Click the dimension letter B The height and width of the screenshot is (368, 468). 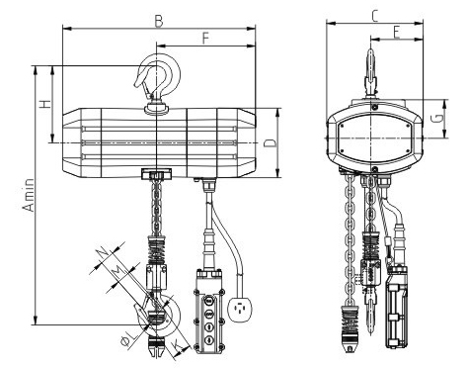click(159, 22)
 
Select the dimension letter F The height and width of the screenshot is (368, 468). click(205, 39)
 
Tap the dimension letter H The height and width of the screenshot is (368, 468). click(45, 104)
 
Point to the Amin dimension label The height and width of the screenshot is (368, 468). click(29, 195)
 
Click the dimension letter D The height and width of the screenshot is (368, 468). click(271, 143)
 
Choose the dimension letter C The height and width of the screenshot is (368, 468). click(374, 16)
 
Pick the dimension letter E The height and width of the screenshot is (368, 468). click(396, 33)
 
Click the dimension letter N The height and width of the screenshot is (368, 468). click(103, 253)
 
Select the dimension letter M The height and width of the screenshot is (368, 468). click(117, 271)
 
